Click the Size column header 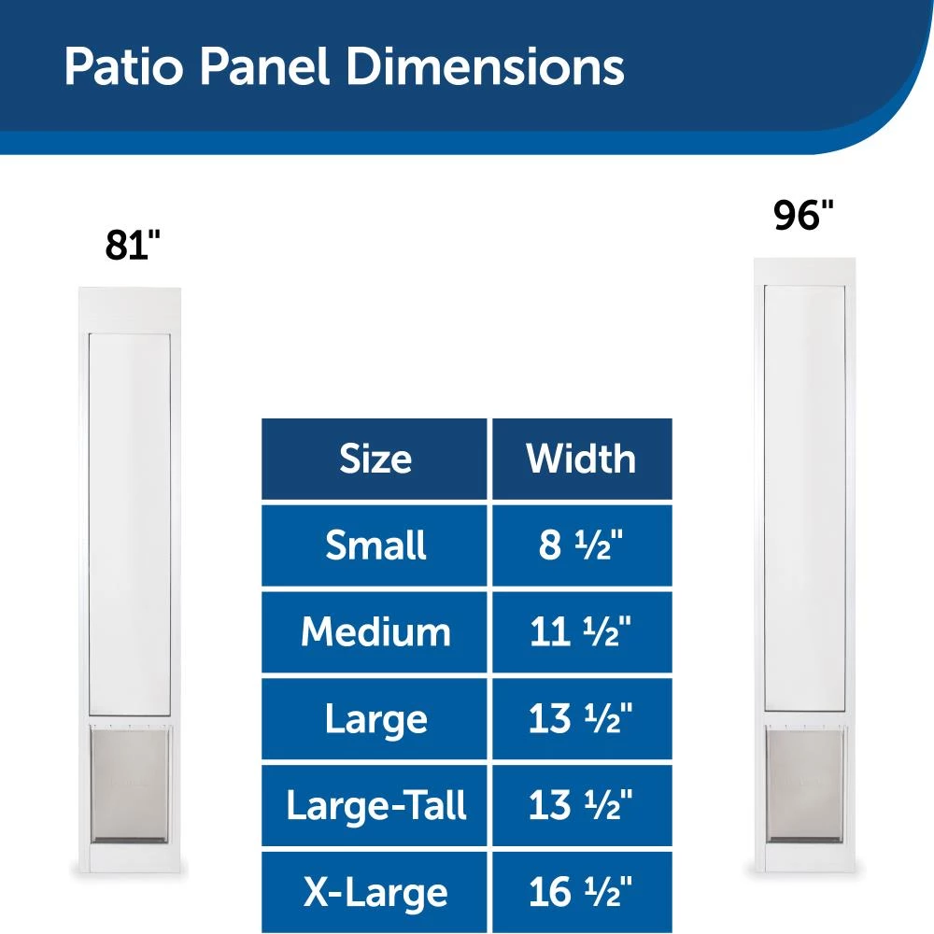click(375, 459)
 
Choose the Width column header click(581, 459)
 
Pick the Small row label click(375, 545)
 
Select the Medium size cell click(375, 632)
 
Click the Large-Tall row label click(375, 805)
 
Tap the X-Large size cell click(375, 892)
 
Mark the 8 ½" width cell click(581, 545)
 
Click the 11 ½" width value click(581, 632)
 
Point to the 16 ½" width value click(581, 892)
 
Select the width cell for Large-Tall click(581, 805)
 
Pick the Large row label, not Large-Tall click(375, 719)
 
